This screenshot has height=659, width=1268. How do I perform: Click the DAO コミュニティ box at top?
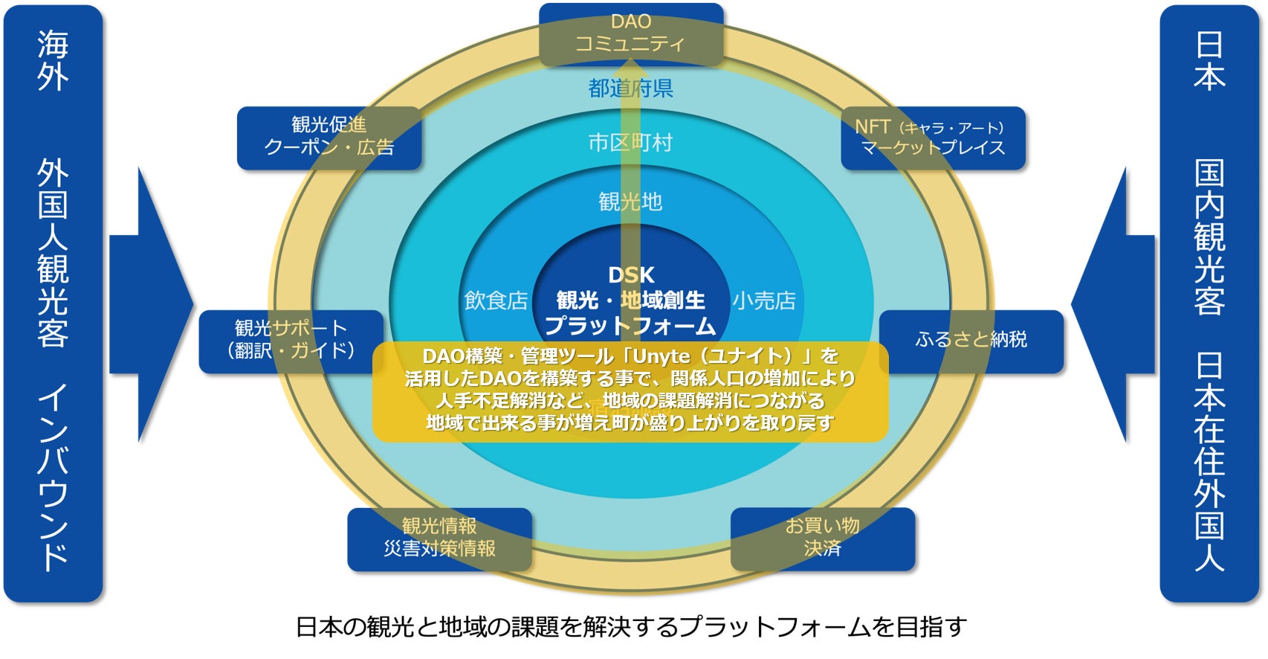click(x=630, y=33)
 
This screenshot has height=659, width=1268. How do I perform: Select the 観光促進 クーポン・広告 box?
click(x=329, y=137)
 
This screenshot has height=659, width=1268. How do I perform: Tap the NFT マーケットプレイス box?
click(x=932, y=138)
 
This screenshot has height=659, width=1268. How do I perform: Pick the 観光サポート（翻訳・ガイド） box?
click(x=291, y=341)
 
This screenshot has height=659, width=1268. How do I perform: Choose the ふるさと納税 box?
click(x=971, y=340)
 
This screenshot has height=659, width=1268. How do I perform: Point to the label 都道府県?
click(x=630, y=89)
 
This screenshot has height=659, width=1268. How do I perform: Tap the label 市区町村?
click(x=630, y=142)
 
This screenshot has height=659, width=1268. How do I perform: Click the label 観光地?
click(x=630, y=202)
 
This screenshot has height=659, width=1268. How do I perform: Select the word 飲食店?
click(x=496, y=300)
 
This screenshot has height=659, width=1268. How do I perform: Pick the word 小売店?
click(x=764, y=300)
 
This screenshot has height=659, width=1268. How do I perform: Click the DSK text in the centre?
click(x=631, y=275)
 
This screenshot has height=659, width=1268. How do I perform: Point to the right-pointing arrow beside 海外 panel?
click(x=152, y=304)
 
